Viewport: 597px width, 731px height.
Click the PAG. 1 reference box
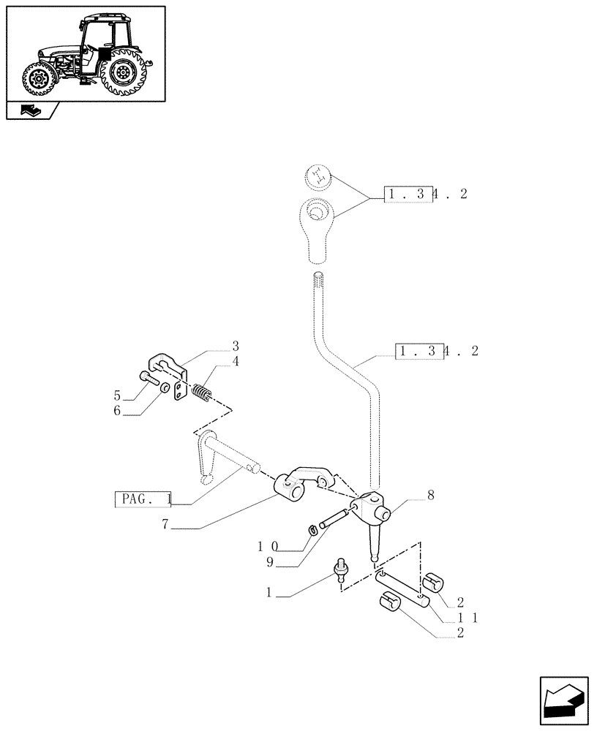[x=143, y=500]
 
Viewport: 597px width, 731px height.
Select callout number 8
[x=430, y=495]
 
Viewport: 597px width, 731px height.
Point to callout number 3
[x=235, y=345]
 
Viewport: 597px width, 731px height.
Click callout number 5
[x=117, y=396]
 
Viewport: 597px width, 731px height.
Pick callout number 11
[x=117, y=412]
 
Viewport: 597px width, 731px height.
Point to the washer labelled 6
[x=165, y=387]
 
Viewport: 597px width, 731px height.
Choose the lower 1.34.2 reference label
[x=437, y=351]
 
